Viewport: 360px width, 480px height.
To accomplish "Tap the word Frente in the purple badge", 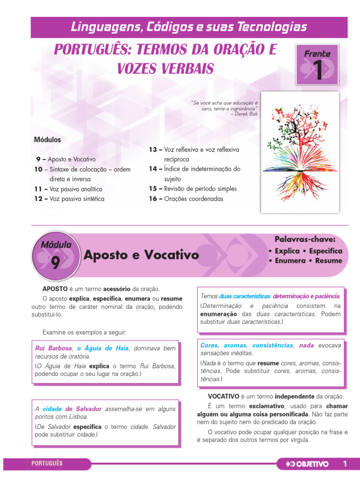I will tap(317, 53).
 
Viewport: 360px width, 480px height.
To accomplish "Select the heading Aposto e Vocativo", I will tap(141, 255).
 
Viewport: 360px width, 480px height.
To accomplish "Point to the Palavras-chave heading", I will tap(305, 240).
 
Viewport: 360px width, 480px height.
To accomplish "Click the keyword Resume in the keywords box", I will tap(329, 261).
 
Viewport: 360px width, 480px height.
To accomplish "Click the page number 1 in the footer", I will tap(345, 464).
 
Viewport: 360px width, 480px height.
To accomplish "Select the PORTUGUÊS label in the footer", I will tap(47, 464).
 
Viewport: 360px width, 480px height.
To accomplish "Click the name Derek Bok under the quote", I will tap(247, 113).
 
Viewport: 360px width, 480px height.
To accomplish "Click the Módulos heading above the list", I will tap(47, 140).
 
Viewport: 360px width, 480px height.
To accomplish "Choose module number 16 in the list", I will tap(155, 199).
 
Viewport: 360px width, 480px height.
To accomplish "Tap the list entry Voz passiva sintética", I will tap(77, 199).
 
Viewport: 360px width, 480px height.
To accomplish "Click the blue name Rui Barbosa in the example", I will tap(53, 348).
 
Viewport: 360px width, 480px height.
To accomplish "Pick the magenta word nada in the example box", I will tap(306, 345).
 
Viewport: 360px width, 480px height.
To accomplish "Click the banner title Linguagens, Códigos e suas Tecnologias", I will tap(189, 27).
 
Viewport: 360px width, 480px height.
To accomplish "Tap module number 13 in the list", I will tap(155, 150).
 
